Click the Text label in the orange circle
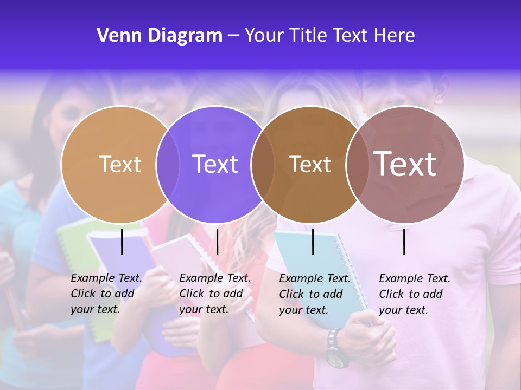click(120, 164)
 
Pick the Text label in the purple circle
click(215, 164)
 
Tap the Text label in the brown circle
click(310, 164)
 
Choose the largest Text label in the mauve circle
click(405, 164)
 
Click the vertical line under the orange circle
click(122, 242)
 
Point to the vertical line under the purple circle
click(217, 242)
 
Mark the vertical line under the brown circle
click(313, 242)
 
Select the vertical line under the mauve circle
click(404, 242)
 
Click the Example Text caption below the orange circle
click(106, 294)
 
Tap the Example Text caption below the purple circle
click(214, 294)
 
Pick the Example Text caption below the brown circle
click(314, 294)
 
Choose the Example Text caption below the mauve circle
click(414, 294)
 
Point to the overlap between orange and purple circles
click(168, 164)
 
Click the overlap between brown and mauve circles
click(358, 164)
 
